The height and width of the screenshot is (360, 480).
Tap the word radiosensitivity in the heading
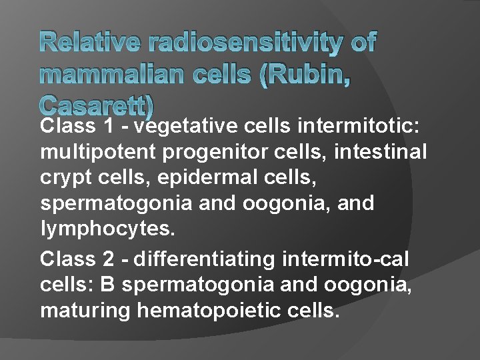(x=246, y=43)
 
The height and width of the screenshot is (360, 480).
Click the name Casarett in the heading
(x=97, y=105)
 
